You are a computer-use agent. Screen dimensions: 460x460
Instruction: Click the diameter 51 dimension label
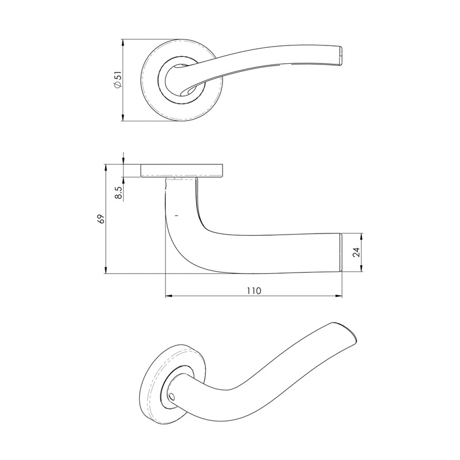coord(117,80)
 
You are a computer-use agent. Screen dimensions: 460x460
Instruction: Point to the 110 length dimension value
coord(254,291)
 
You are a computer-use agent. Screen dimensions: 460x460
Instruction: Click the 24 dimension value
coord(356,252)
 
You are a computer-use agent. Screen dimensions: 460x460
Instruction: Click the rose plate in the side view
coord(182,170)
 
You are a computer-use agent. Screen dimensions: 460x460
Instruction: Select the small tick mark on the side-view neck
coord(176,214)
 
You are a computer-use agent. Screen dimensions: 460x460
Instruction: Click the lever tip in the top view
coord(343,55)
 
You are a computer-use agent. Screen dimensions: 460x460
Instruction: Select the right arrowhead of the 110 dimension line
coord(339,297)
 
